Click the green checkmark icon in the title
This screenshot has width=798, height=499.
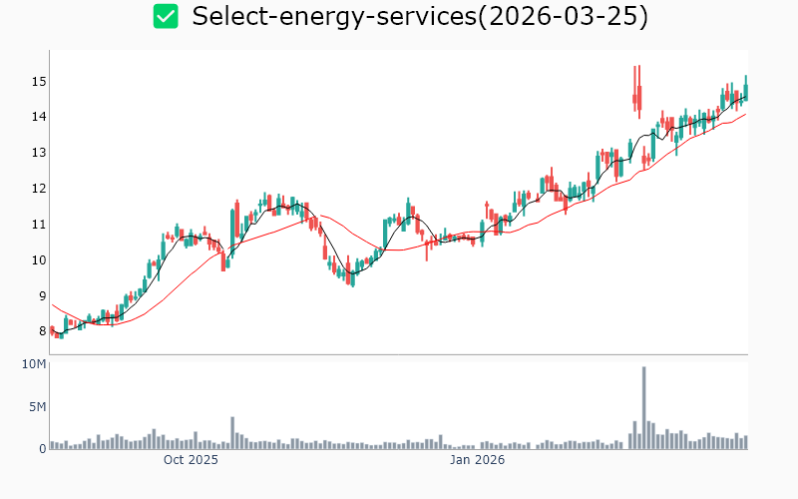(166, 16)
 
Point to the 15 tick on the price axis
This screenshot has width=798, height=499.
(39, 81)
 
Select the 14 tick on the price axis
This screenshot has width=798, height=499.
(39, 117)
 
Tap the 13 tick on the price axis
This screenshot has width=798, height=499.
(39, 153)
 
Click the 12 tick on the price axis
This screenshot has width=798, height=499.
(39, 189)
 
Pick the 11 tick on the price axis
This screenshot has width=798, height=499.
(39, 225)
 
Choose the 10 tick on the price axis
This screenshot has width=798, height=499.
(39, 260)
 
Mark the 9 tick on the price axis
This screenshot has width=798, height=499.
(42, 296)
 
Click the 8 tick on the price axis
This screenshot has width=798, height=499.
(42, 332)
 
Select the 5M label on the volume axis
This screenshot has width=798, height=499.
(37, 407)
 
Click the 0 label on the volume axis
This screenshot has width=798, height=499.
(42, 449)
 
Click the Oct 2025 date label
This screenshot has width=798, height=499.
(191, 460)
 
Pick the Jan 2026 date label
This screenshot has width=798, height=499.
(477, 460)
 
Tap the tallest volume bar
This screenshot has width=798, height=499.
(643, 408)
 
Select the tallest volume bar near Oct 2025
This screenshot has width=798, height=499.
(232, 433)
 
